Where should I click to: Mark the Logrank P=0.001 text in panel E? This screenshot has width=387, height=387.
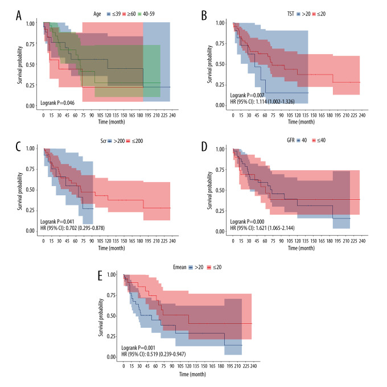[140, 347]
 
